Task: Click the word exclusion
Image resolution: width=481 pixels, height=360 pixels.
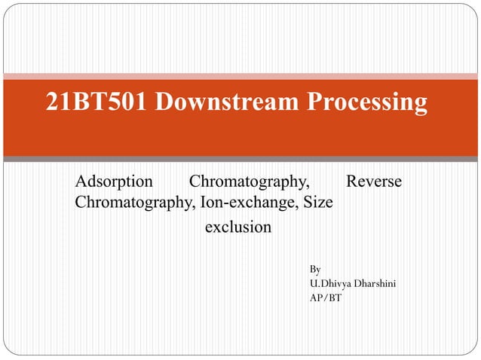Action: pyautogui.click(x=238, y=227)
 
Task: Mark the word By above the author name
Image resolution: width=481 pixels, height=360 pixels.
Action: pyautogui.click(x=315, y=269)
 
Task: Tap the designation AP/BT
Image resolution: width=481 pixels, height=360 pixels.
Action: pyautogui.click(x=325, y=298)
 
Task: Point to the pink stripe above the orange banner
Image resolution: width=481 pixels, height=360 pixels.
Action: pyautogui.click(x=240, y=75)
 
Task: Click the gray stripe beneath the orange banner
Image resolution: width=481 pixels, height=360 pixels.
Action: pyautogui.click(x=240, y=159)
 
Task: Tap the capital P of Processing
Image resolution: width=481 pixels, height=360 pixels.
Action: pyautogui.click(x=314, y=101)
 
